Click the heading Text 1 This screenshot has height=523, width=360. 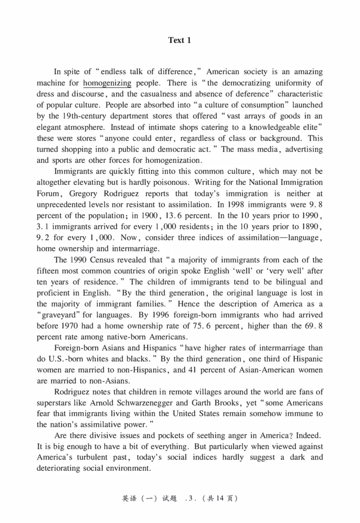180,40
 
